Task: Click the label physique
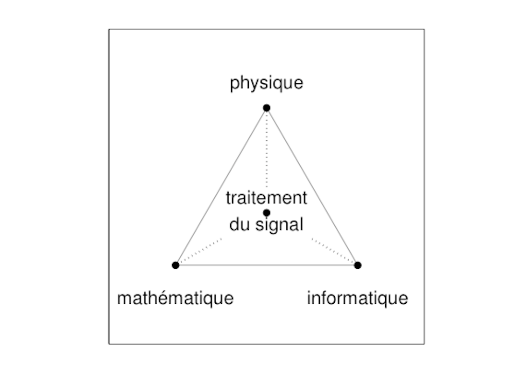point(266,83)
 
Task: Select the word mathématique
point(176,298)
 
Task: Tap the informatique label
point(357,298)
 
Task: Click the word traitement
point(266,198)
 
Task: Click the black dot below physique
point(266,107)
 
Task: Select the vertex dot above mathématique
point(176,265)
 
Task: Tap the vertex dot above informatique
point(357,265)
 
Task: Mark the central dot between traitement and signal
point(266,212)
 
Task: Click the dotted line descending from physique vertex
point(266,149)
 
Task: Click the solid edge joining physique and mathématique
point(221,186)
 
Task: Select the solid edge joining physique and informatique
point(312,186)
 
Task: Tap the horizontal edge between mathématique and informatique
point(266,265)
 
